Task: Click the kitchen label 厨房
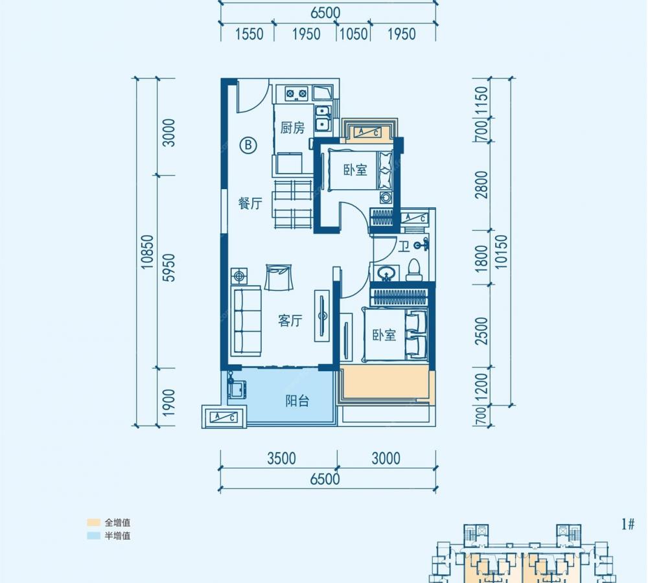[x=293, y=128]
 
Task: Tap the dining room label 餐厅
[x=250, y=203]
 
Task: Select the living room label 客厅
[x=290, y=321]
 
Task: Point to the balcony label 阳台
[x=297, y=401]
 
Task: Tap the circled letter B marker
[x=248, y=145]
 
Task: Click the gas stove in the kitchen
[x=296, y=93]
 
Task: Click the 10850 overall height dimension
[x=147, y=252]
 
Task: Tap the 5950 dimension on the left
[x=169, y=268]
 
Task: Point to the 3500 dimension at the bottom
[x=281, y=458]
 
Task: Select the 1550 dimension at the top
[x=249, y=34]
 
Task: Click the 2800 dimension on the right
[x=481, y=185]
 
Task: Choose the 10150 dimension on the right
[x=501, y=252]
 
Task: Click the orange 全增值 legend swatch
[x=94, y=523]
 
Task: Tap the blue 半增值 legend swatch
[x=94, y=536]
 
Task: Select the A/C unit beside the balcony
[x=224, y=417]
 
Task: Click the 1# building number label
[x=628, y=525]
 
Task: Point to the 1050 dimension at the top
[x=353, y=34]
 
